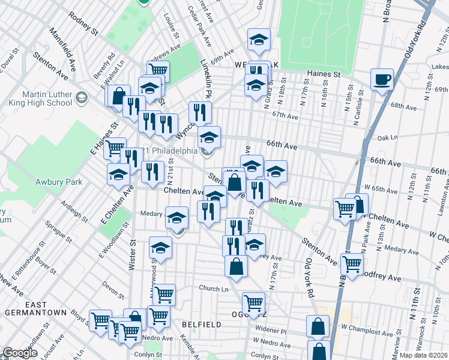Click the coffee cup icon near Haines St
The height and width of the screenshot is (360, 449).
point(382,79)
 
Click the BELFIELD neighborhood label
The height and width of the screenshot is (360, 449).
point(202,324)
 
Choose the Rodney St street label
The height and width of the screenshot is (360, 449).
point(83,23)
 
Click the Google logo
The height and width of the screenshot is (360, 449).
point(20,353)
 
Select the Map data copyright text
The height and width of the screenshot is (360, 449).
point(423,355)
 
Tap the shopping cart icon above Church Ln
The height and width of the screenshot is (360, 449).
point(163,294)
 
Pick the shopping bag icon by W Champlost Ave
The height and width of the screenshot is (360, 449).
point(318,326)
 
